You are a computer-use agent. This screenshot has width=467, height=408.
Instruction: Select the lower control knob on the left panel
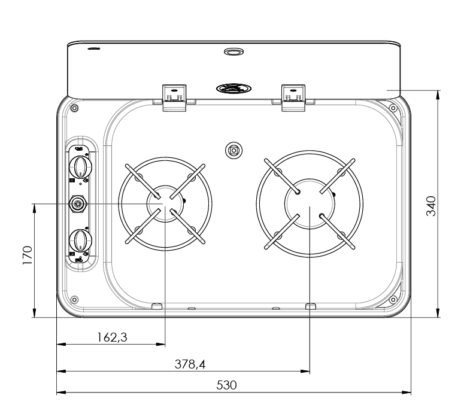coord(80,240)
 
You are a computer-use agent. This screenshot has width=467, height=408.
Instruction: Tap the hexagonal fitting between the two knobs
coord(78,203)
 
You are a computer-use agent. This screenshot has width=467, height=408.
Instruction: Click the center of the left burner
coord(165,203)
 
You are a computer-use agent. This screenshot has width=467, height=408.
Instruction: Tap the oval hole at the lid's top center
coord(233,53)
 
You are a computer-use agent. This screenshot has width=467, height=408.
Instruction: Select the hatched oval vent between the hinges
coord(232,89)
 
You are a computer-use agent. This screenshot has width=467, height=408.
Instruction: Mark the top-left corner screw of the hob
coord(74,108)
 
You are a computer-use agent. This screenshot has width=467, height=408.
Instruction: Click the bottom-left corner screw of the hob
coord(74,299)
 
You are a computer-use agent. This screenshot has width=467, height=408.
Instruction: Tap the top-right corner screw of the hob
coord(393,108)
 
